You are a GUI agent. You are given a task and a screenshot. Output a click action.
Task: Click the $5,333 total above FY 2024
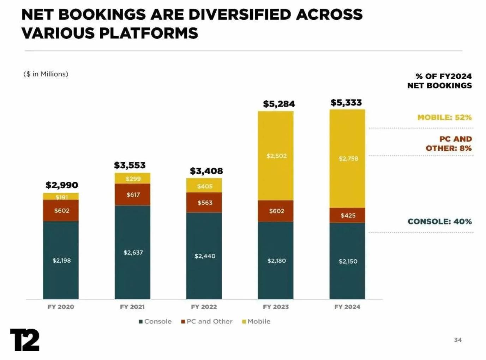click(x=346, y=103)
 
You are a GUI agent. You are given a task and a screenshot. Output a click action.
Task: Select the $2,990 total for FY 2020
click(x=62, y=185)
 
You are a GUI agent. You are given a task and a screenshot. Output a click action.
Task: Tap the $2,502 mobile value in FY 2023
click(x=276, y=156)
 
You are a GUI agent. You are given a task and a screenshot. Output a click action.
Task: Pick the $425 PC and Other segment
click(x=348, y=215)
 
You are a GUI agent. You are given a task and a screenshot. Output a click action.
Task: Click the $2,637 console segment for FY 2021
click(x=133, y=252)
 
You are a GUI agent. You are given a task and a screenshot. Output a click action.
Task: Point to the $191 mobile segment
click(x=61, y=197)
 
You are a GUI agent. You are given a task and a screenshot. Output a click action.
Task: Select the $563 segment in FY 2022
click(x=205, y=203)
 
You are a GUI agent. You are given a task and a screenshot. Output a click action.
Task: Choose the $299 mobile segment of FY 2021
click(x=133, y=179)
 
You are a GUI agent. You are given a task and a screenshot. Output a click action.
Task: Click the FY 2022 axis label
click(x=204, y=307)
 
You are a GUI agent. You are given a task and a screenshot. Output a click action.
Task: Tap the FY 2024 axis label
click(x=347, y=307)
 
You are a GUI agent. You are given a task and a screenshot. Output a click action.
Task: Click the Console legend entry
click(x=155, y=322)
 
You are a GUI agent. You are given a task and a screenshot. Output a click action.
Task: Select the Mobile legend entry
click(x=256, y=322)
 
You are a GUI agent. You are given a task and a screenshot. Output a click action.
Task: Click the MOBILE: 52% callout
click(x=444, y=118)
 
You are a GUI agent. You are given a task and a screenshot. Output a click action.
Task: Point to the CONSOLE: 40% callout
click(x=439, y=222)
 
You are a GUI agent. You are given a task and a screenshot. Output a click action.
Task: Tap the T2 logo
click(x=25, y=340)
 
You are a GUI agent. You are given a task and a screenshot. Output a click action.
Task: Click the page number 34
click(x=458, y=340)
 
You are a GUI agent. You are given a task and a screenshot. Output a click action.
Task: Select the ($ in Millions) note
click(x=46, y=74)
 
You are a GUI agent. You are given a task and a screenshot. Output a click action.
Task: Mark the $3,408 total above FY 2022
click(x=206, y=171)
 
